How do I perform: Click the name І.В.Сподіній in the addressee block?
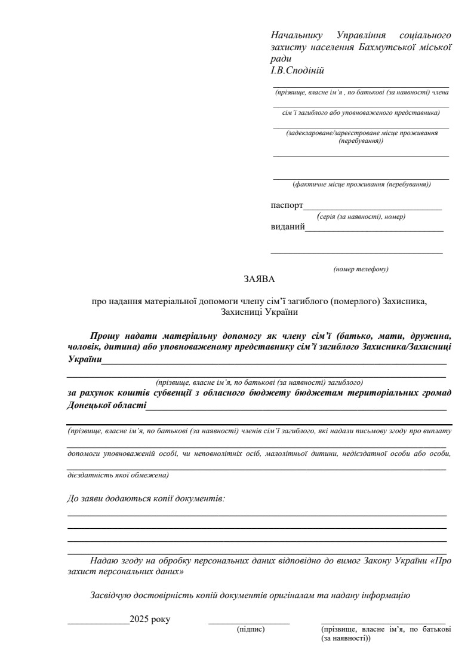click(297, 71)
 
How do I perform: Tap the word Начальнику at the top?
click(297, 35)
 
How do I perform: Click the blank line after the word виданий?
click(374, 230)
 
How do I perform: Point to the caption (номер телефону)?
click(361, 269)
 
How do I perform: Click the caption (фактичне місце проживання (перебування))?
click(361, 185)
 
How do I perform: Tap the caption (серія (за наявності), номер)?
click(361, 216)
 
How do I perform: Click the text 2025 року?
click(150, 619)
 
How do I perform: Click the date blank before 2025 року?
click(99, 623)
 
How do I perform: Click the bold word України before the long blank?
click(84, 360)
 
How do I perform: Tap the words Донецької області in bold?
click(106, 405)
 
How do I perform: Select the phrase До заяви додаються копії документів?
click(146, 498)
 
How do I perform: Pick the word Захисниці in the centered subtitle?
click(240, 311)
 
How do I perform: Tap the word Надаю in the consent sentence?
click(103, 561)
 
